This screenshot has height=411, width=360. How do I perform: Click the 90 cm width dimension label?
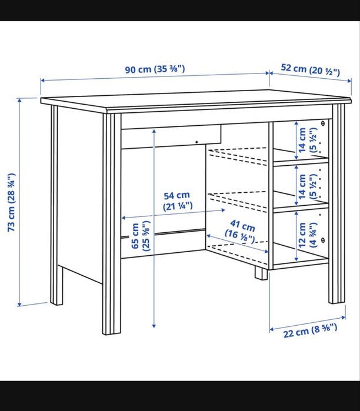pos(155,69)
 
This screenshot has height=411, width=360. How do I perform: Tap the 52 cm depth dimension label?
pos(310,69)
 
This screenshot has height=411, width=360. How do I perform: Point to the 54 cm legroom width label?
pos(176,201)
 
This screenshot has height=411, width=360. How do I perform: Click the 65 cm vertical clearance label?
pos(140,236)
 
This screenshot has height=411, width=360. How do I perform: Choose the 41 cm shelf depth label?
pos(241,232)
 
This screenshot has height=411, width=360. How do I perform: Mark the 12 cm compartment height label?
pos(306,234)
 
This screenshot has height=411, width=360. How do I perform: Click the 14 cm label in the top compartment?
pos(306,141)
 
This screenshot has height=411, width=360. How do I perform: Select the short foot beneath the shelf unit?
pos(259,272)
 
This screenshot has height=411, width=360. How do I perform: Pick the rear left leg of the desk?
pos(56,206)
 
